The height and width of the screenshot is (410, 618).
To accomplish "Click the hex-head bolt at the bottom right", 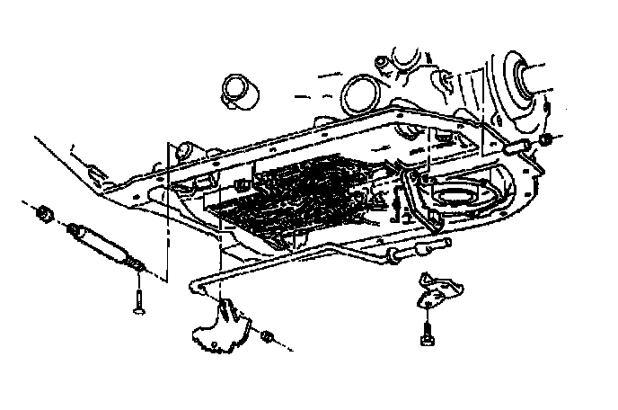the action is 425,334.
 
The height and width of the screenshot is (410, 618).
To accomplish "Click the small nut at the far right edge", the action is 546,142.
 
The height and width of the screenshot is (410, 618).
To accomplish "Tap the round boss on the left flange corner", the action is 188,147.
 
